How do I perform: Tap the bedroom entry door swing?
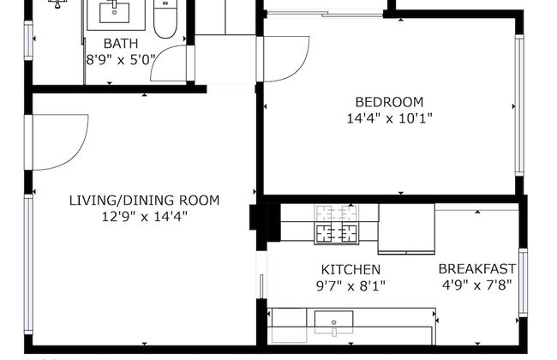(281, 58)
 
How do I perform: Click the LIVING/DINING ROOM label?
(144, 201)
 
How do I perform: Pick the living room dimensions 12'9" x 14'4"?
(144, 217)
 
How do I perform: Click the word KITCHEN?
(350, 269)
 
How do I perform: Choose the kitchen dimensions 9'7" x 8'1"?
(350, 285)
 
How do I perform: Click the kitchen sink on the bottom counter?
(333, 322)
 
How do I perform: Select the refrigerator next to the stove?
(406, 229)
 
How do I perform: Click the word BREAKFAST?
(479, 268)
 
